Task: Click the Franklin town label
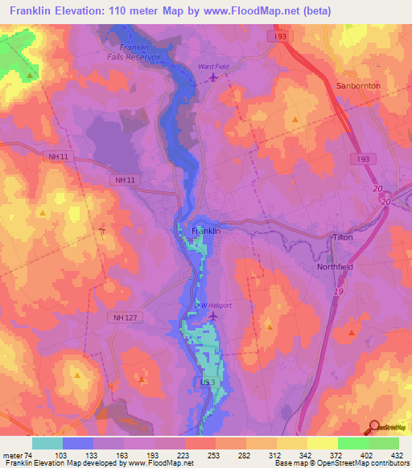(x=206, y=231)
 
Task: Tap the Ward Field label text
(x=213, y=67)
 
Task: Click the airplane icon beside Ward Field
(x=213, y=77)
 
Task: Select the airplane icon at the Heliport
(x=213, y=316)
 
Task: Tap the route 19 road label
(x=340, y=291)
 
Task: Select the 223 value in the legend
(x=185, y=454)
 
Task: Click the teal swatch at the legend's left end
(x=47, y=442)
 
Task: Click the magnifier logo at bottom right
(x=374, y=427)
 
